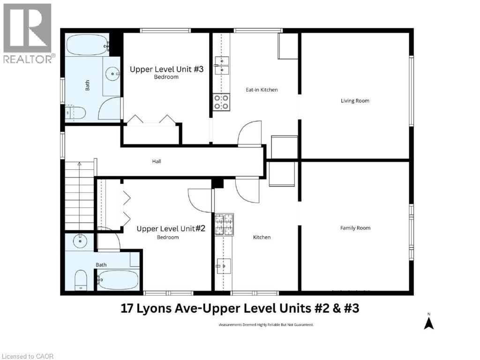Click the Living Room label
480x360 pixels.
pyautogui.click(x=355, y=101)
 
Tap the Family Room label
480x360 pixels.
pyautogui.click(x=355, y=228)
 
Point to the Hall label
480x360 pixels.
pyautogui.click(x=157, y=161)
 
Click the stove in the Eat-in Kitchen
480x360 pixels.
pyautogui.click(x=222, y=102)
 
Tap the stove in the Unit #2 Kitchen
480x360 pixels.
pyautogui.click(x=224, y=225)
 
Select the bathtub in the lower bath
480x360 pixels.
pyautogui.click(x=118, y=280)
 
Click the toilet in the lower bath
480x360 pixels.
pyautogui.click(x=80, y=280)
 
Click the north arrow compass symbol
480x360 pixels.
pyautogui.click(x=428, y=322)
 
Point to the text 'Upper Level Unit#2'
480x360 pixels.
pyautogui.click(x=171, y=229)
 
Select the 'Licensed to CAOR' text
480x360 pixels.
pyautogui.click(x=27, y=356)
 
